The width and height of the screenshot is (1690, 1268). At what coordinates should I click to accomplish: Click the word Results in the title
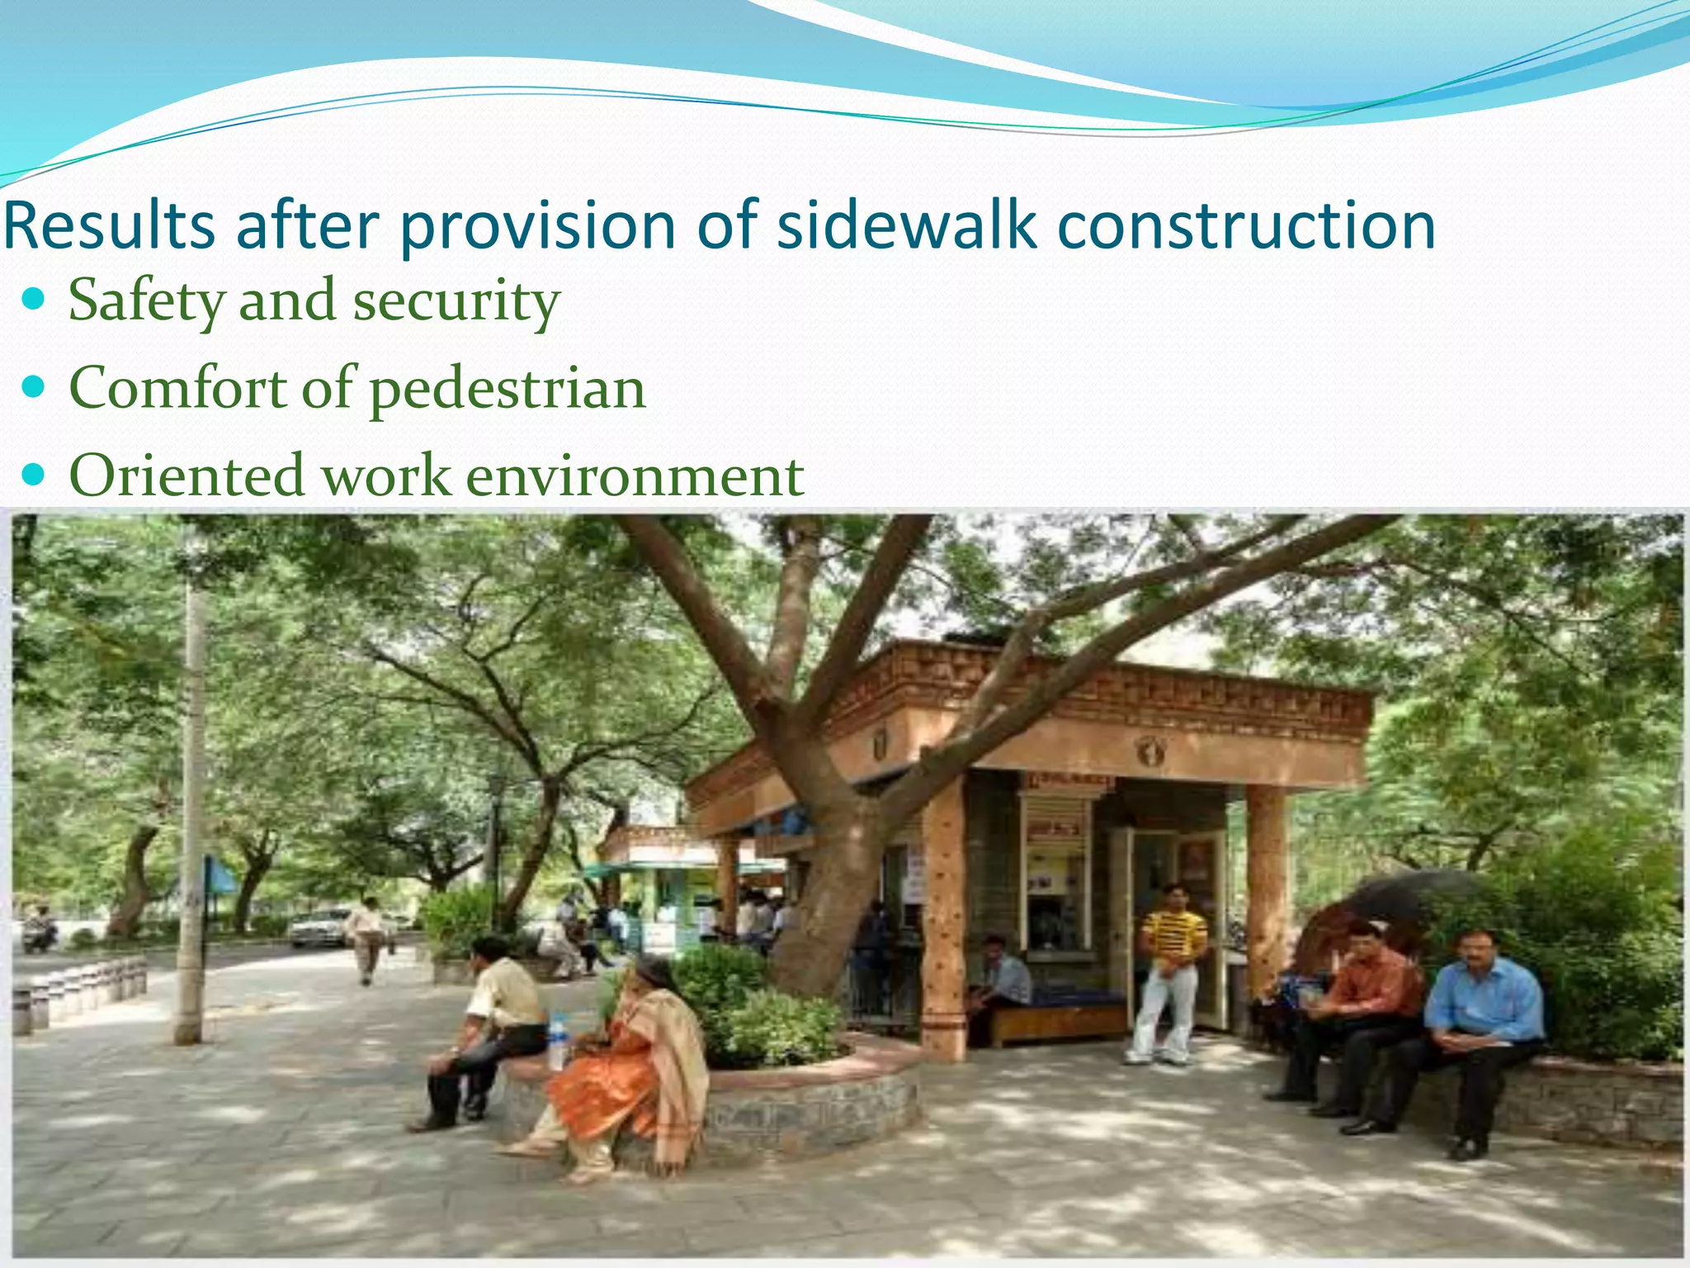pos(110,225)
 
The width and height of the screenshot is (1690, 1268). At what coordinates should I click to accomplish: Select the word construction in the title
pos(1246,225)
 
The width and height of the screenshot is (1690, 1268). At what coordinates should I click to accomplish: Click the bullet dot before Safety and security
pos(34,298)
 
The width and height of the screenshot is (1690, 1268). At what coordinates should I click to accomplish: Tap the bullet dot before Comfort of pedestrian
pos(34,386)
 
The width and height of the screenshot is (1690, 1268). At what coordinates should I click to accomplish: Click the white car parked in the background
pos(320,927)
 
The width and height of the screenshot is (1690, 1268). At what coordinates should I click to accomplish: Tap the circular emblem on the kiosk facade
pos(1149,750)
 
